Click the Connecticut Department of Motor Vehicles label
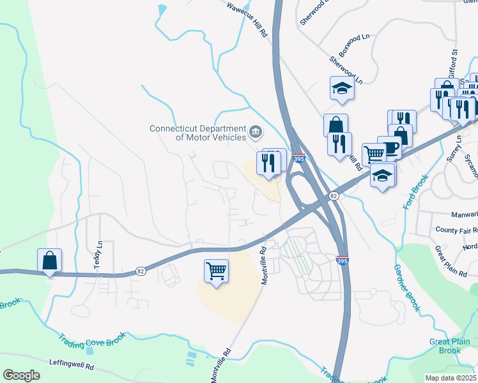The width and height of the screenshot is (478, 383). point(197,132)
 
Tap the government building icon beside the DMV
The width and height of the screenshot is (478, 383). point(256,132)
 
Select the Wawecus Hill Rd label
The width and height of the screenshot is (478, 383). point(247,21)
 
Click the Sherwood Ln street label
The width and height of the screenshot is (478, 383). point(346,70)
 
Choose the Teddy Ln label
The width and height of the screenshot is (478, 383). point(99,254)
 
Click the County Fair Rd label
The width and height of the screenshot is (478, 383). point(456,229)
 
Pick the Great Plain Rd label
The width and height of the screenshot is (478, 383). point(451,261)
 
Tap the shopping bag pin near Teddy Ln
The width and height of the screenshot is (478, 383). point(49,260)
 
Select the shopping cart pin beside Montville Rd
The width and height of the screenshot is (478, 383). point(216,271)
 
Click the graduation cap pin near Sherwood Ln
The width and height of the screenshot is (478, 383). point(342,89)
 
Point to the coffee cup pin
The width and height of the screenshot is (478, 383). point(389,148)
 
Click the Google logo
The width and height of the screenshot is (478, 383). point(21,375)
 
